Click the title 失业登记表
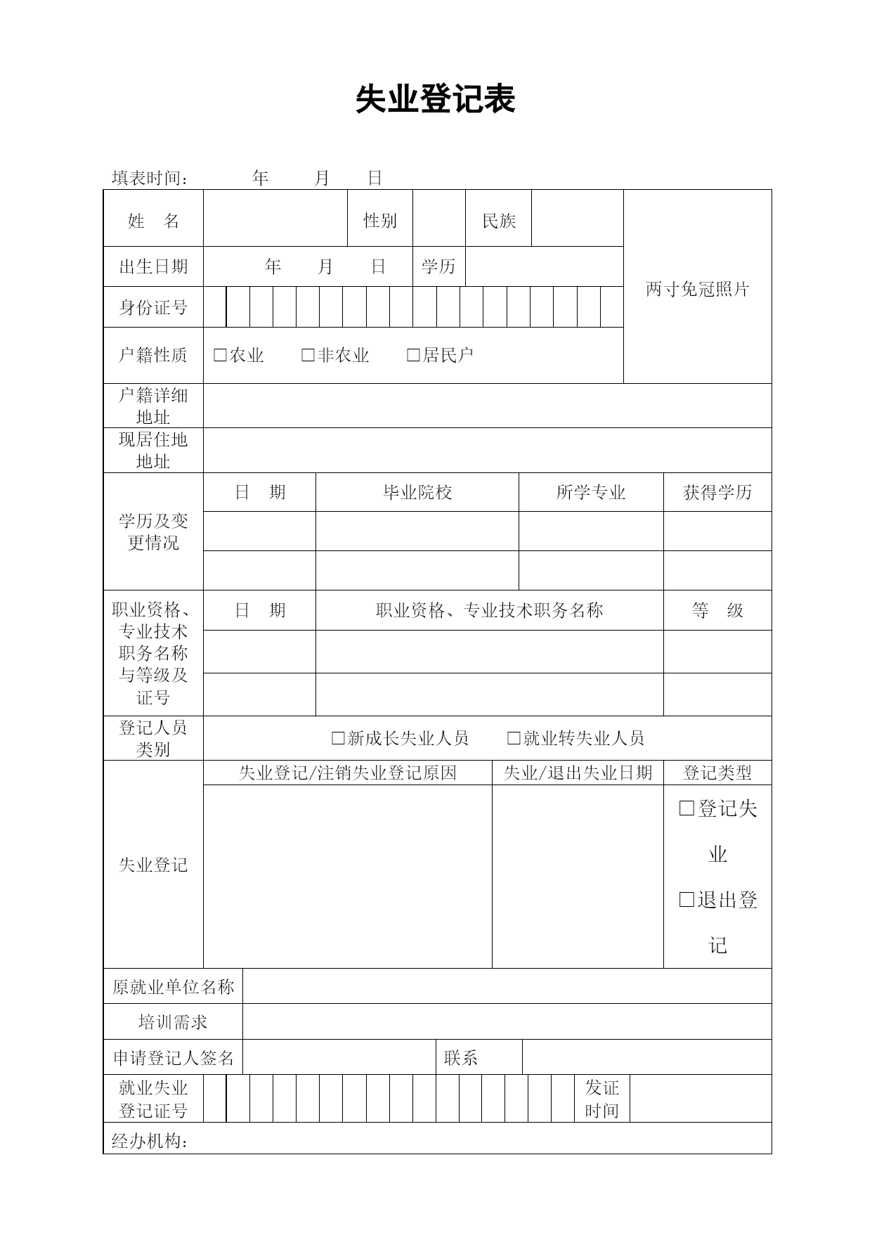click(x=435, y=99)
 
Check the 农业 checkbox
click(x=220, y=356)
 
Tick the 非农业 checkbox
click(x=308, y=356)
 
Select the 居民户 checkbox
click(x=413, y=356)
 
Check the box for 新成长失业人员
click(x=338, y=738)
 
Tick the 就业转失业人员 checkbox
click(x=514, y=738)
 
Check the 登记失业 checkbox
click(x=686, y=809)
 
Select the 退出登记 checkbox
click(x=686, y=900)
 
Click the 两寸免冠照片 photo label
click(x=697, y=289)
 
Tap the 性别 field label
click(x=379, y=221)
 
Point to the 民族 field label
click(x=499, y=221)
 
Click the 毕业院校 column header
click(x=417, y=492)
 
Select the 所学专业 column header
click(x=590, y=492)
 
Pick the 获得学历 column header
click(x=717, y=492)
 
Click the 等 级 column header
click(x=717, y=610)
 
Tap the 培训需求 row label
click(x=173, y=1021)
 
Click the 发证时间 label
click(x=602, y=1099)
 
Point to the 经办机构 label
click(x=150, y=1141)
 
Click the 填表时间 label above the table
click(x=150, y=179)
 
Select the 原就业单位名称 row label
click(x=173, y=987)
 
